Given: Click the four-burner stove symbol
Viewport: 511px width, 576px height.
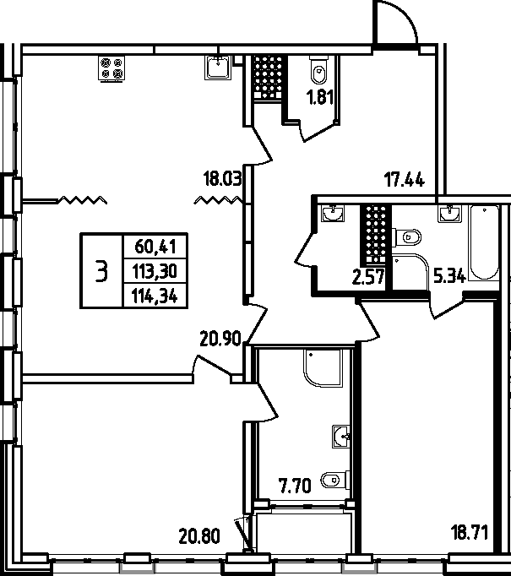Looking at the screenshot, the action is click(x=111, y=68).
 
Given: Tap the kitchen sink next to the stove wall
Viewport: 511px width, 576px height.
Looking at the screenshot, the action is click(x=218, y=68).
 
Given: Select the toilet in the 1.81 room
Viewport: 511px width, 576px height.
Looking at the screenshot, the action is click(x=318, y=70).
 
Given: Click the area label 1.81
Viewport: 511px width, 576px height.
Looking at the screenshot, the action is click(x=320, y=98).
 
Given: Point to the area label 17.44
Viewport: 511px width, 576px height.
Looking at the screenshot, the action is click(x=405, y=180).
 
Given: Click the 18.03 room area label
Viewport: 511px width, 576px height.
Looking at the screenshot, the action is click(x=223, y=179).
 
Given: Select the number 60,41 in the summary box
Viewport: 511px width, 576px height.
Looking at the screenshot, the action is click(x=155, y=246).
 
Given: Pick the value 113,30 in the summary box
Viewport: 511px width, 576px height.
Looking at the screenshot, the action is click(x=155, y=271).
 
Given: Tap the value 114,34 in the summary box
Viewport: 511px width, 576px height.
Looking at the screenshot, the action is click(x=155, y=296).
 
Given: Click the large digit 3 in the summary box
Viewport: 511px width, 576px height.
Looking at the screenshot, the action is click(x=101, y=271).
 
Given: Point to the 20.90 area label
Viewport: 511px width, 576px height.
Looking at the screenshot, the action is click(x=220, y=339).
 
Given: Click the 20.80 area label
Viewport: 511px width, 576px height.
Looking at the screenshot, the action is click(x=199, y=536).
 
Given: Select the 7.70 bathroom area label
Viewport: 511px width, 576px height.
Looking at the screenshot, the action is click(x=295, y=486).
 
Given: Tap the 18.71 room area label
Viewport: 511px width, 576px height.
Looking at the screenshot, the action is click(x=470, y=533).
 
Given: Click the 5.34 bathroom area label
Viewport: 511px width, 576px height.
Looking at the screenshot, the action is click(x=450, y=275).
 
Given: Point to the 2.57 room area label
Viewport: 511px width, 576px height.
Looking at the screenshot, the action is click(x=368, y=277).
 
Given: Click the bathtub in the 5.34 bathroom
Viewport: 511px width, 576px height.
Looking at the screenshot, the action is click(x=484, y=243).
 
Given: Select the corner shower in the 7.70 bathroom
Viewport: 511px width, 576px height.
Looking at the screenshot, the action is click(x=323, y=367).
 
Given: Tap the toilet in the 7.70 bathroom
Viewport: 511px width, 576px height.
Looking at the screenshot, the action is click(x=335, y=480).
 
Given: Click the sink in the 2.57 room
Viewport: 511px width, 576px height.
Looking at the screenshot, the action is click(x=333, y=214).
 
